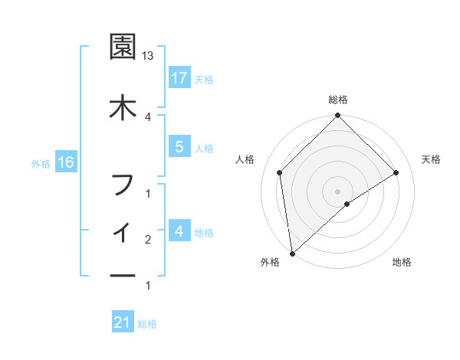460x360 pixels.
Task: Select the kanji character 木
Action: [x=123, y=106]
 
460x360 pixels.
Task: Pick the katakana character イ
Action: [x=123, y=230]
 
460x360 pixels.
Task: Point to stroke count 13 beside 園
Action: [x=149, y=57]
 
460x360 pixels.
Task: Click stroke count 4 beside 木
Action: [x=148, y=116]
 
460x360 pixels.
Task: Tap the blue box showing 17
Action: [x=179, y=77]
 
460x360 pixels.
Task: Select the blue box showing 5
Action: [x=179, y=147]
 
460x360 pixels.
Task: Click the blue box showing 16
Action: [x=65, y=162]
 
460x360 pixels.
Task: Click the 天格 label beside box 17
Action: [x=204, y=79]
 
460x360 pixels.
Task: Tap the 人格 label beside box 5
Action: [x=204, y=149]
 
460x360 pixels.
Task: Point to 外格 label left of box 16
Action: [x=41, y=163]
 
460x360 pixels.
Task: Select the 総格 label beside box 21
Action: [x=147, y=324]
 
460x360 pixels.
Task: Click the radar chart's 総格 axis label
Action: [x=337, y=100]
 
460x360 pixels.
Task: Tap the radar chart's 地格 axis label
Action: [x=402, y=263]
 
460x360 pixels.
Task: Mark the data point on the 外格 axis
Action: [x=292, y=253]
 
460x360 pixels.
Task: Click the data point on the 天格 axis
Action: [x=396, y=172]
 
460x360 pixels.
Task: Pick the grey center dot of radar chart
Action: [x=337, y=191]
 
